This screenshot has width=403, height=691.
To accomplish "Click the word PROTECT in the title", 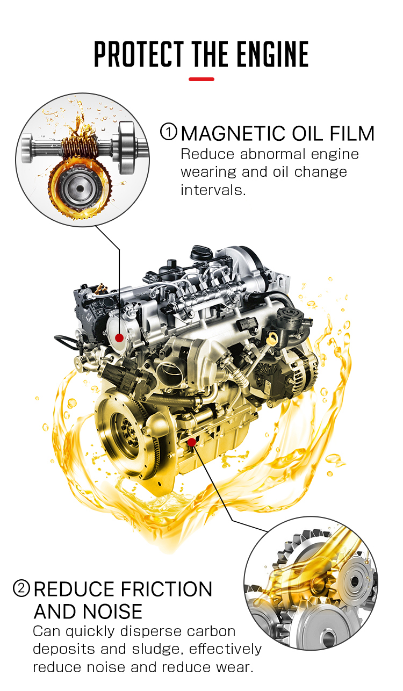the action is point(139,54).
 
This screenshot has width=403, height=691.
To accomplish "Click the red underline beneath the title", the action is point(201,80).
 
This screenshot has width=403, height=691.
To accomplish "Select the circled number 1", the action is point(169,132).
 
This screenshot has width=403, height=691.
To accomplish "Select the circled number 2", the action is point(21,588).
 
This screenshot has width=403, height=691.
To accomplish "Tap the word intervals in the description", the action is point(213,190).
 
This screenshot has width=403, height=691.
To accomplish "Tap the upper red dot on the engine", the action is point(119,338).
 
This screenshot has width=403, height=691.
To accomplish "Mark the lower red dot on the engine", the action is point(192,442).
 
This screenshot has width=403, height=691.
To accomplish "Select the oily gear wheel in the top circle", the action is point(80,189).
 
